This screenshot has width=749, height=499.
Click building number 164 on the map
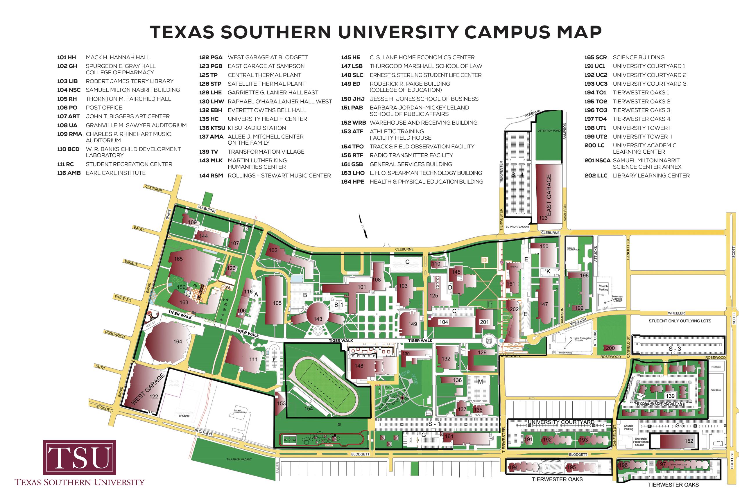click(x=177, y=342)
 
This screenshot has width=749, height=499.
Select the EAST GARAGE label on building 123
click(x=549, y=195)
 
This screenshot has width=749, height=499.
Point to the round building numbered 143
click(x=317, y=315)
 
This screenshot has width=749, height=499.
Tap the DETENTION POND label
click(x=549, y=131)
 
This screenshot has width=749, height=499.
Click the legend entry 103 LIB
click(x=67, y=81)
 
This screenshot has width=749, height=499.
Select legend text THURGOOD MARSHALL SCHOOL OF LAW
click(x=426, y=66)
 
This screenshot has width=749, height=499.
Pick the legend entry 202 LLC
click(x=595, y=175)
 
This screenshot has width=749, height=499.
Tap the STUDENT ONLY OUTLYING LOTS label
click(x=679, y=321)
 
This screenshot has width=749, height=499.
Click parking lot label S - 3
click(x=674, y=349)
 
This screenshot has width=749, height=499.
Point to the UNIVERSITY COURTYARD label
click(x=561, y=422)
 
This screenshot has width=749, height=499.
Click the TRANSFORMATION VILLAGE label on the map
click(x=659, y=405)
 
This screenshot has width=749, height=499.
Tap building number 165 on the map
click(x=178, y=259)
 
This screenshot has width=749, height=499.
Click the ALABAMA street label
click(x=532, y=113)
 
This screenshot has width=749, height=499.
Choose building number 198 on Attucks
click(x=584, y=276)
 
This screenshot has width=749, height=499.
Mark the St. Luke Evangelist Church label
click(x=580, y=339)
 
